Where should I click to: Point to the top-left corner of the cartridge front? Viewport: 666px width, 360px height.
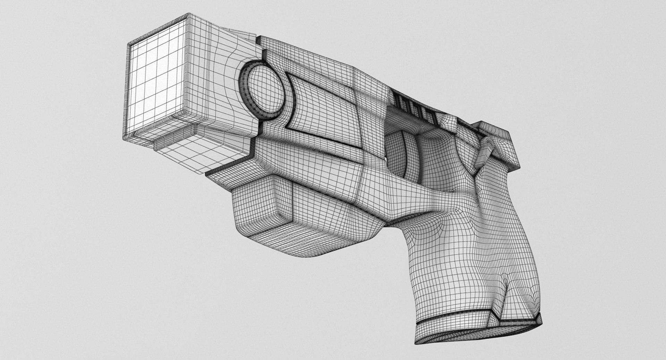129,45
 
